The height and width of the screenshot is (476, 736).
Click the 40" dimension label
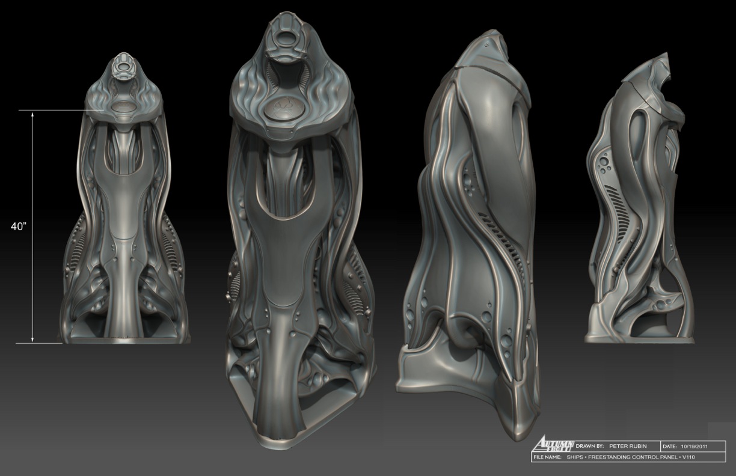[19, 227]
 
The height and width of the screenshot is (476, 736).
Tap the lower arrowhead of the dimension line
[32, 340]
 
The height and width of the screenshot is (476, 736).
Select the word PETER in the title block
[618, 446]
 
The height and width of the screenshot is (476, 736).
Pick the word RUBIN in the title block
[637, 446]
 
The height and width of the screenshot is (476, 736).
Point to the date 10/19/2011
[695, 447]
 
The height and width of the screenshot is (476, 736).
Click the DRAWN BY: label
[590, 446]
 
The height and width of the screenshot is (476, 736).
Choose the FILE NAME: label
[547, 457]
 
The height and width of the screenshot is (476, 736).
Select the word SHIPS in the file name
[574, 457]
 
